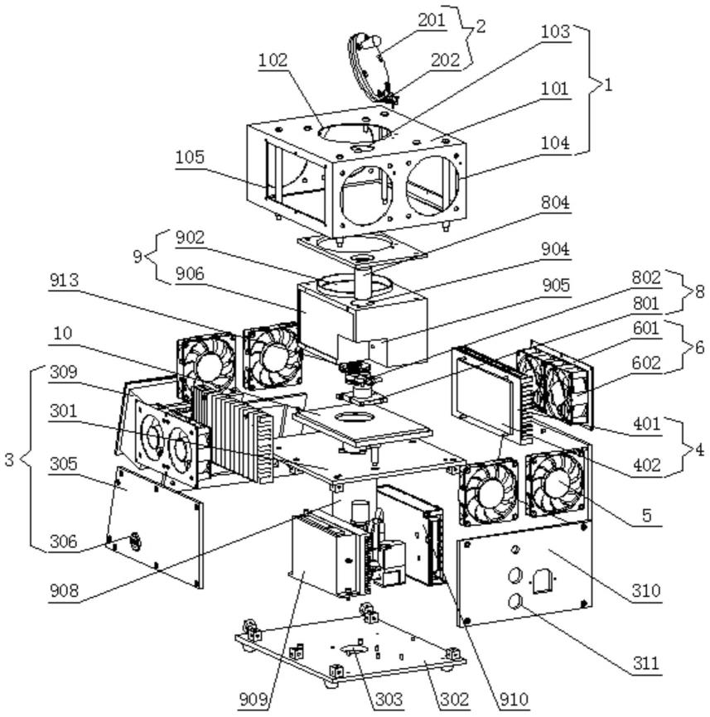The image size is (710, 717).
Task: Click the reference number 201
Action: click(431, 20)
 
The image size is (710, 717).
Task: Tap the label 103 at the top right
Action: click(555, 32)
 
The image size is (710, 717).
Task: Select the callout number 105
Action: click(190, 157)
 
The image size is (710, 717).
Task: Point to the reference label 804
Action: click(555, 203)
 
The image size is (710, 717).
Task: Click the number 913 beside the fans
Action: click(65, 280)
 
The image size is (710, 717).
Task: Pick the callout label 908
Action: click(64, 591)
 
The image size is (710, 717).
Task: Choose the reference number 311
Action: click(646, 662)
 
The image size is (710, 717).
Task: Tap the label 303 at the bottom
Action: click(389, 700)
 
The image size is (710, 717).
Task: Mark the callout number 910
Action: click(514, 700)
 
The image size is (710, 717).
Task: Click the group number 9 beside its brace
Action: click(138, 257)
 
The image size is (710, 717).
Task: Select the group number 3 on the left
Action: click(10, 460)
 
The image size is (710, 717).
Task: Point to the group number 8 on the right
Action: click(699, 291)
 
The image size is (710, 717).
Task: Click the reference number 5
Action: click(646, 515)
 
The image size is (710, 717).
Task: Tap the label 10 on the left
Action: click(62, 333)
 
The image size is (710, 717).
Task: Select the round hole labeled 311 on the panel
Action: click(515, 601)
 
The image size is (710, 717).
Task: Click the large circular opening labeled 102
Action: click(355, 132)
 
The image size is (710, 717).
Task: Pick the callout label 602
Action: click(646, 363)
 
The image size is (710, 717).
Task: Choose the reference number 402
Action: click(647, 465)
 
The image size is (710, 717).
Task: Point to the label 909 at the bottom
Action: click(253, 700)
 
